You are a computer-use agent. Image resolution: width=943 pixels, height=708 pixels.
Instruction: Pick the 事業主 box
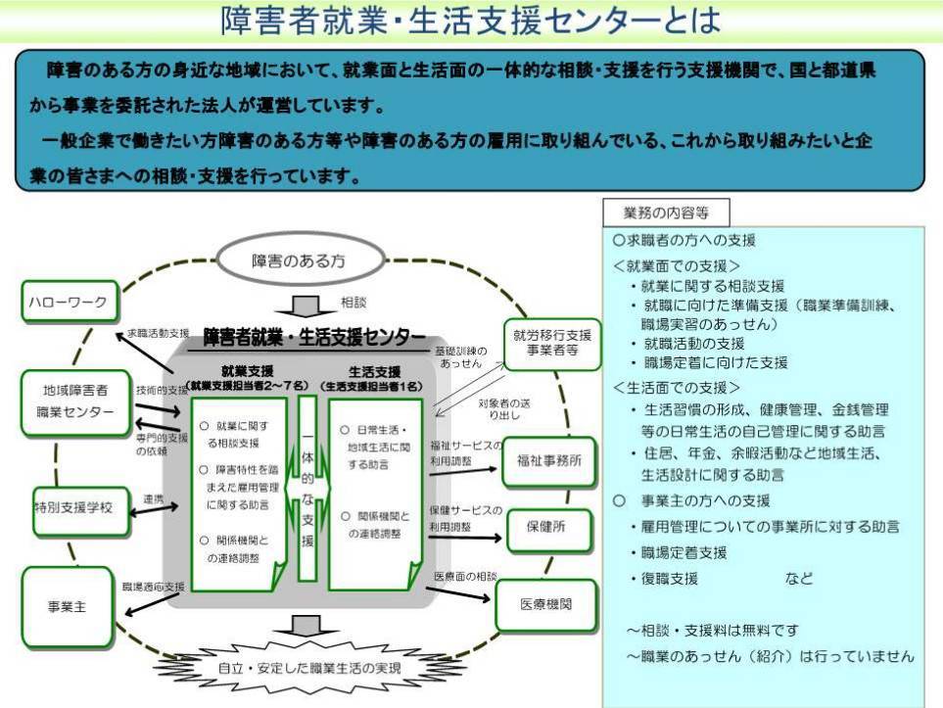pos(68,606)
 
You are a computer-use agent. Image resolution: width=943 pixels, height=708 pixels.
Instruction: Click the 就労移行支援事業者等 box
pos(551,344)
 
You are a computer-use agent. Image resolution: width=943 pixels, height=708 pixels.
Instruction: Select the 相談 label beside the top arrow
pos(354,303)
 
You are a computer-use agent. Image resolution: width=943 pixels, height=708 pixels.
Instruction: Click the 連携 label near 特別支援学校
pos(154,498)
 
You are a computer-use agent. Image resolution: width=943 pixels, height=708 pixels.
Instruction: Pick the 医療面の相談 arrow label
pos(466,576)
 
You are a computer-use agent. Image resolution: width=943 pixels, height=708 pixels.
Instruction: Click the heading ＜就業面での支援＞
pos(678,264)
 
